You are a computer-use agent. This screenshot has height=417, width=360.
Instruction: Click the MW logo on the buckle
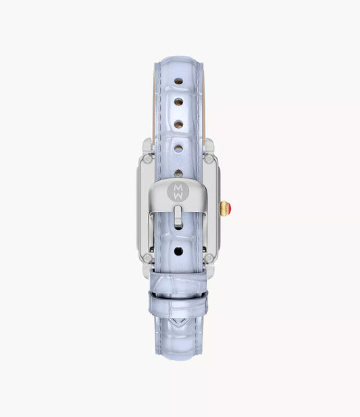[x=178, y=192]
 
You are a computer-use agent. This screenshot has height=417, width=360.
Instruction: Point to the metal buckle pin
[x=178, y=216]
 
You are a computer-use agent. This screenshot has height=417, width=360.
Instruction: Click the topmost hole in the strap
[x=178, y=81]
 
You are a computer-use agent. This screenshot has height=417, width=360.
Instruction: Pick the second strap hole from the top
[x=178, y=102]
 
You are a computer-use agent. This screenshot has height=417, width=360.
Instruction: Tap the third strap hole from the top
[x=178, y=124]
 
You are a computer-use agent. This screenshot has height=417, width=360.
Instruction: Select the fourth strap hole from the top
[x=178, y=148]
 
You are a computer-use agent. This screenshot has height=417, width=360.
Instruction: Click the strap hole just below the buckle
[x=178, y=251]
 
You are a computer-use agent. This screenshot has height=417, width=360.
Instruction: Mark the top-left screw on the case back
[x=147, y=159]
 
